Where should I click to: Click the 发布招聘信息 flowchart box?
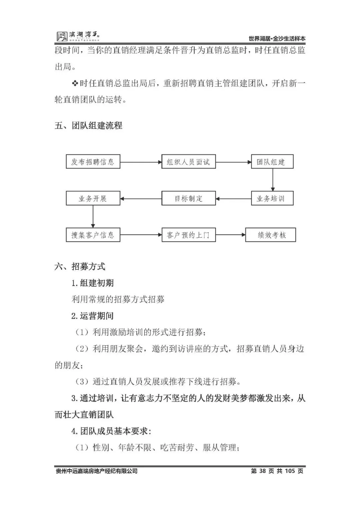[93, 162]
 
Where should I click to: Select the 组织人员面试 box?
[188, 162]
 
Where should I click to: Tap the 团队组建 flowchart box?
[272, 162]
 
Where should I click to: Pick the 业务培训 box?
[272, 199]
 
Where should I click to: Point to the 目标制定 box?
[188, 199]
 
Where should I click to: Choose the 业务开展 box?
[93, 199]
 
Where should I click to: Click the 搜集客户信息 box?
[93, 235]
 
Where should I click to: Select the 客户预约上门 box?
[188, 235]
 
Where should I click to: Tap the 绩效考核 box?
[270, 235]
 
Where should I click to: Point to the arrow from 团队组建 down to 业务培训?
[273, 180]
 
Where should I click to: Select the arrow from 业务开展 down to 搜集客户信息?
[93, 217]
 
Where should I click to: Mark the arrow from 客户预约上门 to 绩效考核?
[230, 235]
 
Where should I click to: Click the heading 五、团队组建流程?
[89, 126]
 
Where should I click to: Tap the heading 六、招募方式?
[80, 267]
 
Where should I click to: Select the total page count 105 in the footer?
[290, 471]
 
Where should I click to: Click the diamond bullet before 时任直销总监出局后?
[75, 83]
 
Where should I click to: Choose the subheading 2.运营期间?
[93, 316]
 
